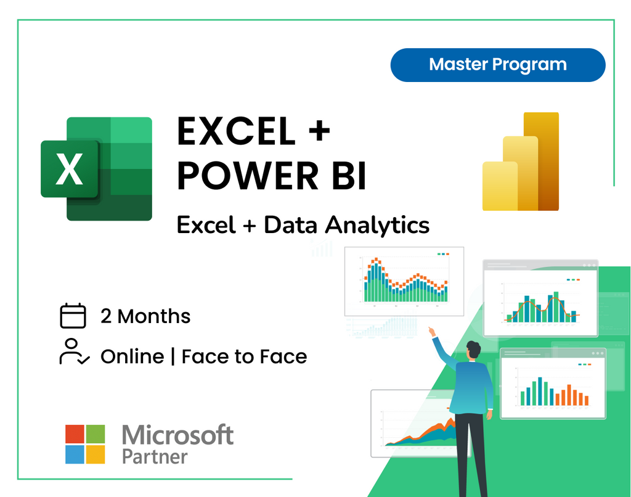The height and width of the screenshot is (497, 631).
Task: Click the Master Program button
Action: click(x=498, y=65)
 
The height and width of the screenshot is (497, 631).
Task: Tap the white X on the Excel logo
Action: click(x=70, y=170)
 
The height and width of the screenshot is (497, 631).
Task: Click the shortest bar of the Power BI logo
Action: click(x=500, y=186)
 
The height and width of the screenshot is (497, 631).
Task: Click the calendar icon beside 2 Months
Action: click(x=73, y=316)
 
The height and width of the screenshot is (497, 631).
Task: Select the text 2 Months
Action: click(x=145, y=316)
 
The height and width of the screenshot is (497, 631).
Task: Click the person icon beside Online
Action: click(x=74, y=351)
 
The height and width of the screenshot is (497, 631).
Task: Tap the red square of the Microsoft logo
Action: click(x=75, y=433)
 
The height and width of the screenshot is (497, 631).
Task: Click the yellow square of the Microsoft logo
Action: click(x=95, y=454)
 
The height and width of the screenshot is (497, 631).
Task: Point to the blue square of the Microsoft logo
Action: click(x=75, y=454)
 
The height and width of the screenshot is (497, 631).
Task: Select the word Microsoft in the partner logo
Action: click(x=177, y=435)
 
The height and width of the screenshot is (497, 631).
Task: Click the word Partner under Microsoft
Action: click(x=155, y=457)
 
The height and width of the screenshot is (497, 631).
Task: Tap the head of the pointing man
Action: click(x=473, y=350)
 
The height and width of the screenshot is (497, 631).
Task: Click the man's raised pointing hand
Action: click(x=432, y=332)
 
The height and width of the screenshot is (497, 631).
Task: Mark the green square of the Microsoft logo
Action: click(x=95, y=433)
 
